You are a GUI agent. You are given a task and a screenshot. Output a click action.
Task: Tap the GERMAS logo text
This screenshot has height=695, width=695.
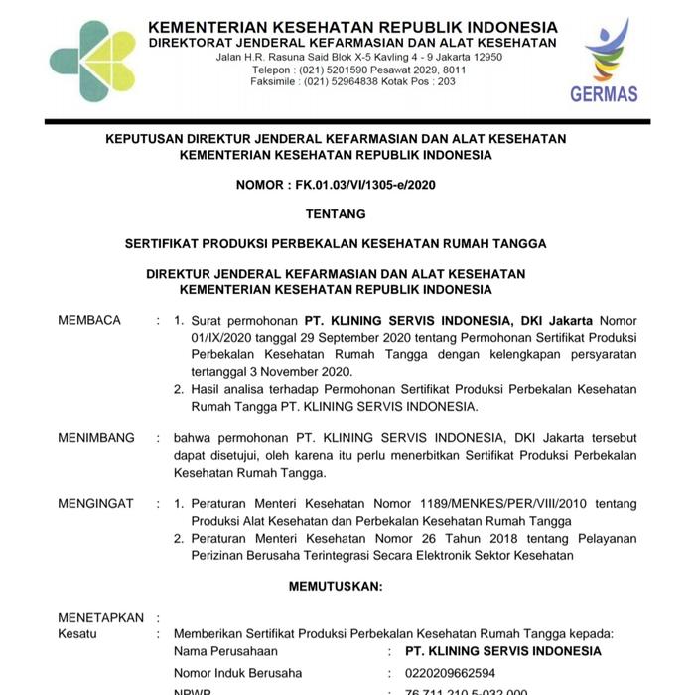tap(604, 95)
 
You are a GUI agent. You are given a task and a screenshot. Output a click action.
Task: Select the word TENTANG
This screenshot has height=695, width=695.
tap(336, 213)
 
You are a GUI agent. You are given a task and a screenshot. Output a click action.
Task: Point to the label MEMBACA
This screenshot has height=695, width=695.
tap(89, 320)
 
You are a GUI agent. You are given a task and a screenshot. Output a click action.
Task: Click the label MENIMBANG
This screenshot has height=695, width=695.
tap(96, 437)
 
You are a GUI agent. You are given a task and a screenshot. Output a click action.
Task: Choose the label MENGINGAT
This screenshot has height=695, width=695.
tap(95, 504)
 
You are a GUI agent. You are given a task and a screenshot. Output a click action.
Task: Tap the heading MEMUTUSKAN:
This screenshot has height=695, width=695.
tap(336, 587)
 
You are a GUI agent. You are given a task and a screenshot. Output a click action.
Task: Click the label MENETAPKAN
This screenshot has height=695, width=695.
tap(101, 617)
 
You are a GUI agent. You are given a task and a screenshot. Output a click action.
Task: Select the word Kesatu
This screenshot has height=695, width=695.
tap(78, 632)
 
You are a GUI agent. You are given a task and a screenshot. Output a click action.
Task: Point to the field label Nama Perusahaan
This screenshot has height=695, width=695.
tap(225, 651)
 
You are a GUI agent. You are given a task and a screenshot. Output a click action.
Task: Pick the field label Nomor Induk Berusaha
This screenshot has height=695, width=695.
tap(238, 672)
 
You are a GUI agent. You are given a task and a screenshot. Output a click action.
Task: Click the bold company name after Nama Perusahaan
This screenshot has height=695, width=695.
tap(503, 651)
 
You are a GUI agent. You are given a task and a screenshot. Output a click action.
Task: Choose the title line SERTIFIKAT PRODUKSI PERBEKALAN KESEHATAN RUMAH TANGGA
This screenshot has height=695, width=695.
tap(336, 242)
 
